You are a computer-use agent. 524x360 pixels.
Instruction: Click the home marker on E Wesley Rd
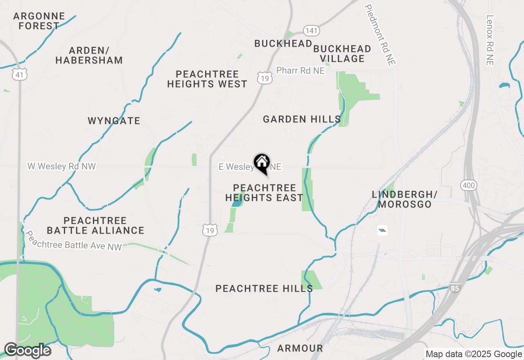pyautogui.click(x=262, y=163)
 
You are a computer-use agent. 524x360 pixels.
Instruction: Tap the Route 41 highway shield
pyautogui.click(x=19, y=74)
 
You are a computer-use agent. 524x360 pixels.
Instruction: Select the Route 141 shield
pyautogui.click(x=312, y=31)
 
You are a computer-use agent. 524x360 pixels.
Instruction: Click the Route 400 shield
pyautogui.click(x=468, y=186)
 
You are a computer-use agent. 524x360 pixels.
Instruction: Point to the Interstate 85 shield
pyautogui.click(x=454, y=288)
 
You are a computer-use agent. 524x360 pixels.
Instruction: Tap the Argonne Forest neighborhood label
pyautogui.click(x=39, y=21)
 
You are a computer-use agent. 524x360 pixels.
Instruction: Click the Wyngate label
pyautogui.click(x=114, y=121)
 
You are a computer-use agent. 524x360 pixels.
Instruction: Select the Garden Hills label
pyautogui.click(x=302, y=119)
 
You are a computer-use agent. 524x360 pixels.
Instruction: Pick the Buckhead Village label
pyautogui.click(x=342, y=54)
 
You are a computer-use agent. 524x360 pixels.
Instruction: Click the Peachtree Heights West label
pyautogui.click(x=207, y=79)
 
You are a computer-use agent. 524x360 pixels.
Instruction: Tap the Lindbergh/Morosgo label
pyautogui.click(x=404, y=199)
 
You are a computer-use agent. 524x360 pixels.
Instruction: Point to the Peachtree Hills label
pyautogui.click(x=264, y=288)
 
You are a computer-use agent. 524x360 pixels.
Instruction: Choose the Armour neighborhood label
pyautogui.click(x=300, y=348)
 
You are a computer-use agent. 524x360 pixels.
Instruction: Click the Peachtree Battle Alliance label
pyautogui.click(x=95, y=225)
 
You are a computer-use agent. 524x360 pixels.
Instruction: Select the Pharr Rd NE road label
pyautogui.click(x=300, y=70)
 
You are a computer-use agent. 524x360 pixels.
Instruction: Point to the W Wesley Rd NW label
pyautogui.click(x=61, y=166)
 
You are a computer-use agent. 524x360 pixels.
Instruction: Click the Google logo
pyautogui.click(x=27, y=350)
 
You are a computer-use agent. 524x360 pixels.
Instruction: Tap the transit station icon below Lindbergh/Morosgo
pyautogui.click(x=382, y=230)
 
